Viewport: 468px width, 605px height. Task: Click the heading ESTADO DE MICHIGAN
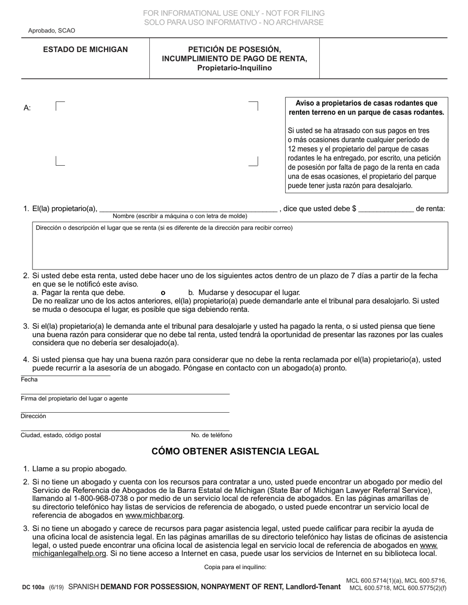click(x=85, y=50)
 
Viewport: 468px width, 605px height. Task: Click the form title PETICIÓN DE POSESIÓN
click(x=234, y=50)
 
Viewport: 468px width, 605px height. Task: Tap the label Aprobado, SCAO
click(x=52, y=30)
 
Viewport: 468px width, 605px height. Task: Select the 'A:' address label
click(x=27, y=108)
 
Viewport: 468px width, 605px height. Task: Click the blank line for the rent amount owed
click(x=386, y=209)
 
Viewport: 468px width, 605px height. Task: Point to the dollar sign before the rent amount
click(x=354, y=209)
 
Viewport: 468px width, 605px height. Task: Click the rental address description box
click(x=240, y=248)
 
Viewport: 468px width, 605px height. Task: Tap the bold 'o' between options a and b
click(x=163, y=292)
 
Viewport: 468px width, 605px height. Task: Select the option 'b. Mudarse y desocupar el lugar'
click(x=244, y=292)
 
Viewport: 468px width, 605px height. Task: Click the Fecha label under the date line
click(x=29, y=380)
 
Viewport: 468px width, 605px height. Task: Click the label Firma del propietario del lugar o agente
click(x=74, y=398)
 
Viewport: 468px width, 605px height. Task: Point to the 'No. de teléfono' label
click(x=211, y=435)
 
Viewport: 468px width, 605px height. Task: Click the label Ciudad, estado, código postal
click(x=61, y=435)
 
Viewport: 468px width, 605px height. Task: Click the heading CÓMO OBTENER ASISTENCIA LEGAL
click(x=235, y=451)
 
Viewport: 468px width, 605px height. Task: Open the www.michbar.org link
click(x=154, y=515)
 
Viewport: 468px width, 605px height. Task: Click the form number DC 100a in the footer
click(x=33, y=587)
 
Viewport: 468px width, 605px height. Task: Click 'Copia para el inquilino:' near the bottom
click(x=235, y=567)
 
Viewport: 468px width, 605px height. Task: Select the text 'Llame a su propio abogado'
click(x=79, y=469)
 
